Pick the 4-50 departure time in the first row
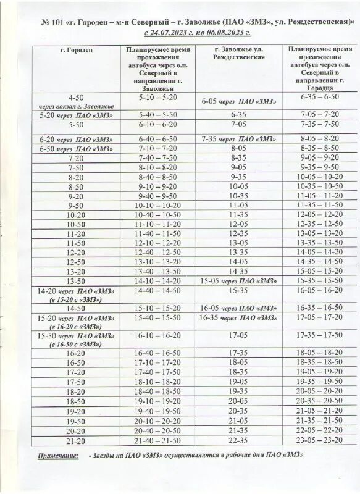(x=77, y=98)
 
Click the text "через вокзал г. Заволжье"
(x=76, y=106)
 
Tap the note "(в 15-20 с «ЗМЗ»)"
(x=77, y=299)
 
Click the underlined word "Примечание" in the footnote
(x=59, y=456)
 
